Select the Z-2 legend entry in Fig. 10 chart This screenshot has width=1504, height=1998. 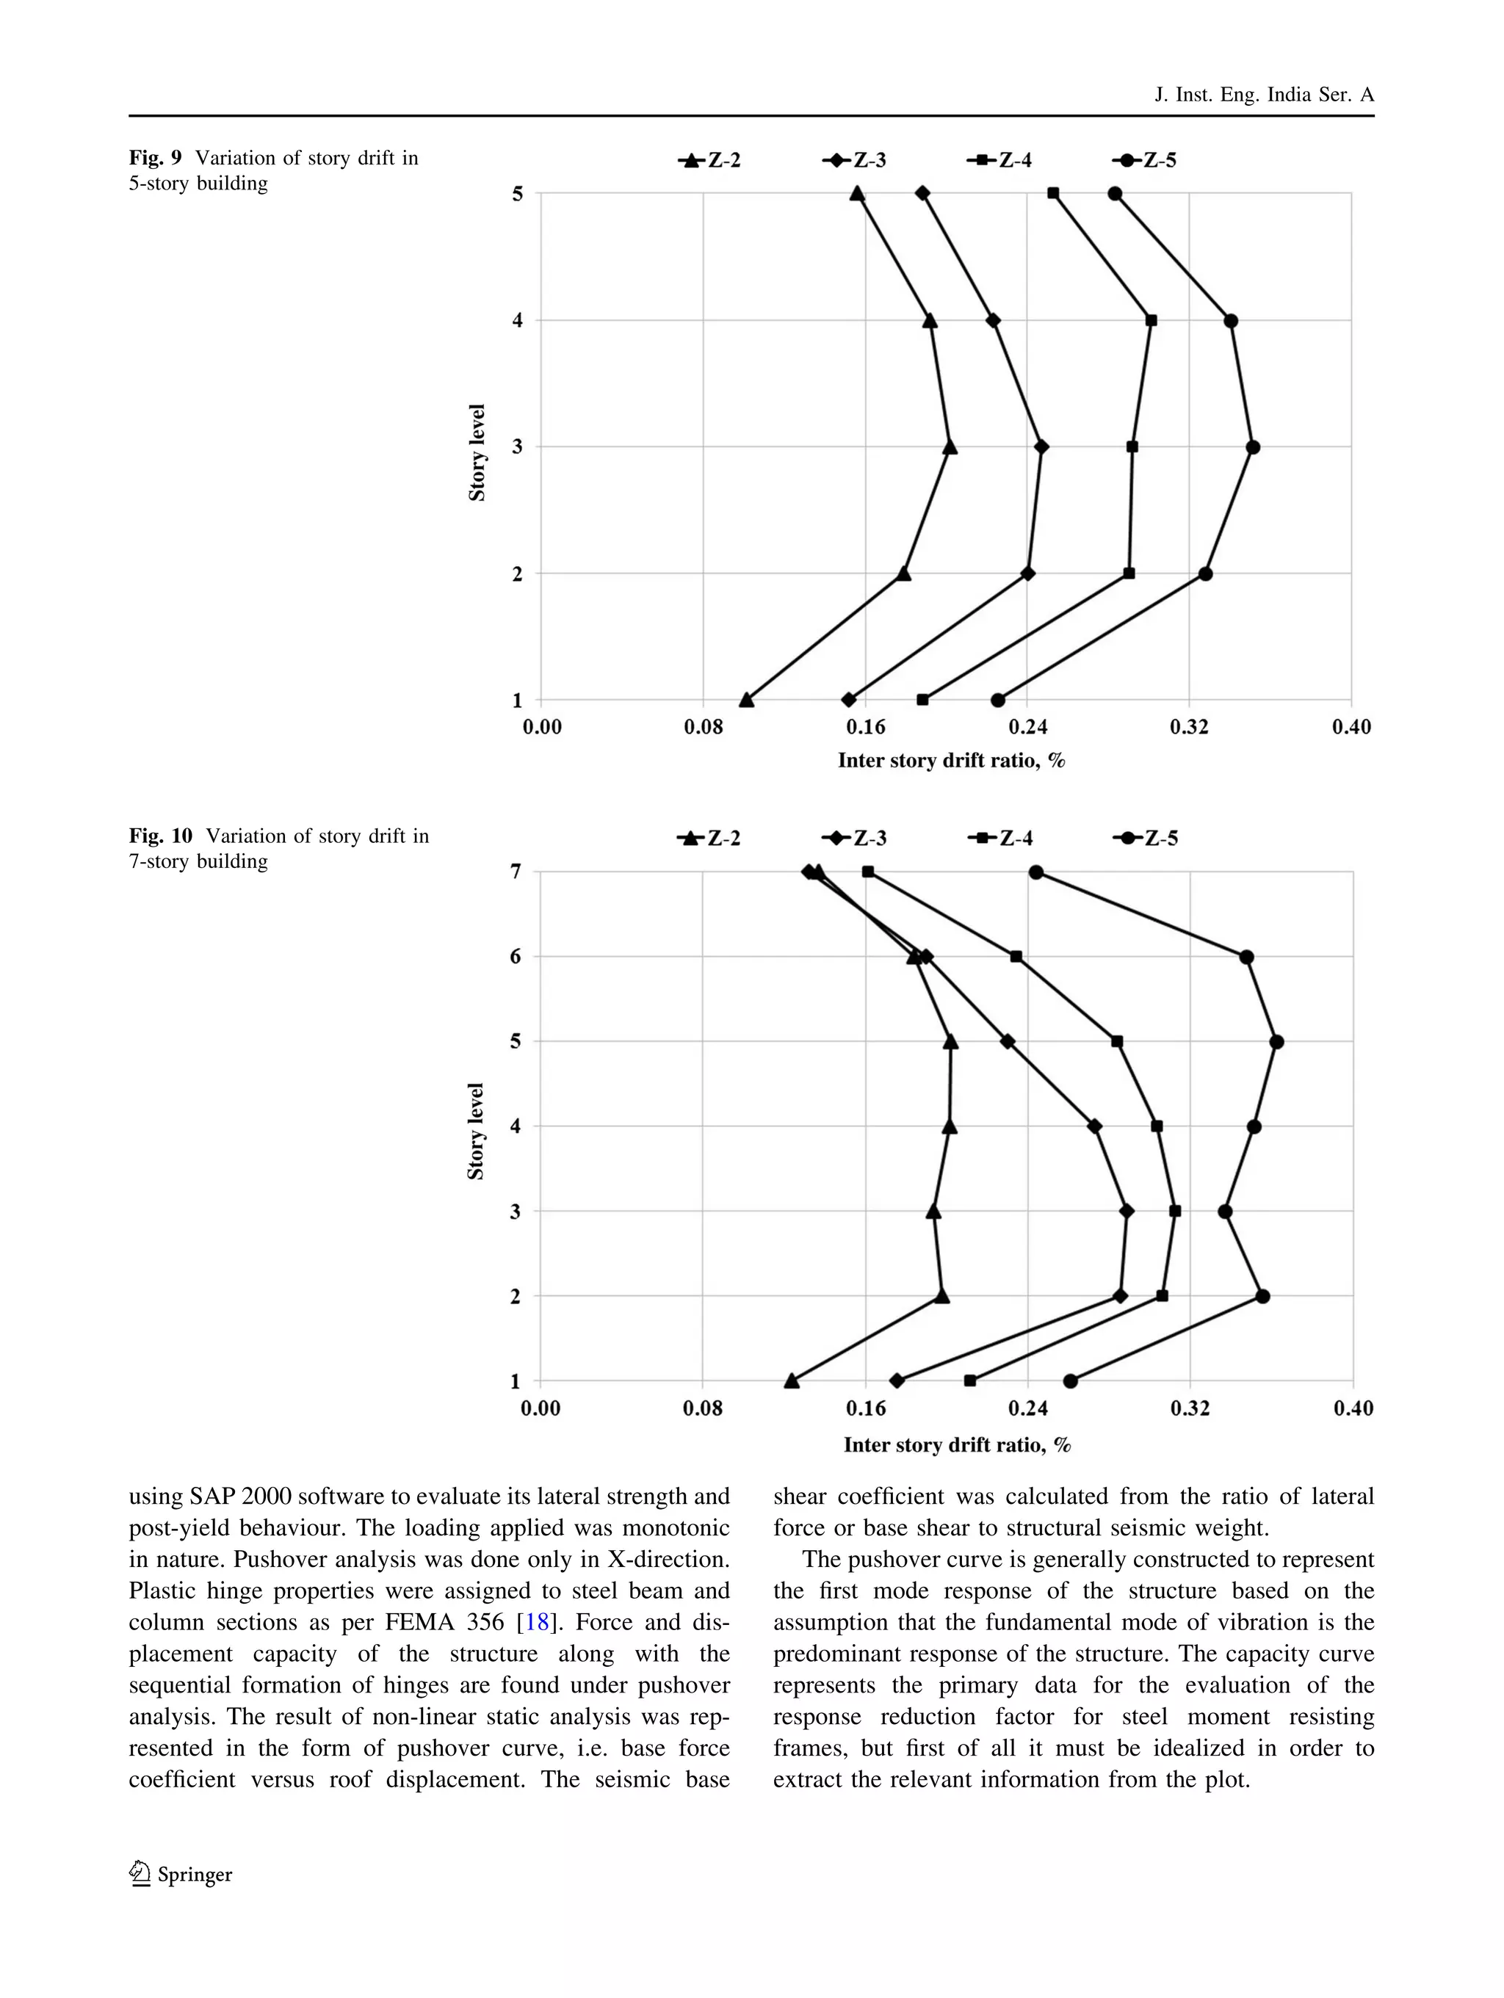[709, 839]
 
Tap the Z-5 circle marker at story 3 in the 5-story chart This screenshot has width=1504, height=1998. [1252, 447]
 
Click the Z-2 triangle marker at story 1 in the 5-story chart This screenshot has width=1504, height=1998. [746, 700]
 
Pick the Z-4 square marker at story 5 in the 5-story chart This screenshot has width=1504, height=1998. [1053, 193]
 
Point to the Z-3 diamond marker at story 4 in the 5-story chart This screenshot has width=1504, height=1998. [993, 321]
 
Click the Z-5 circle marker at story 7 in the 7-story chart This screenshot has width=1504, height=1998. [1036, 872]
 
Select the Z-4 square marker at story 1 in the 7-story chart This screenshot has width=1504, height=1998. [970, 1381]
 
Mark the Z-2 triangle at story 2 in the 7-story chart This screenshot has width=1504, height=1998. [942, 1296]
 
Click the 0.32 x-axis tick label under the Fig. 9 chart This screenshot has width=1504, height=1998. [1189, 727]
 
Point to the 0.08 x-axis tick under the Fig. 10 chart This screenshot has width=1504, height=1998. [702, 1408]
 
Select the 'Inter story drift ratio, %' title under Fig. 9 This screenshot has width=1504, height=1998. [951, 761]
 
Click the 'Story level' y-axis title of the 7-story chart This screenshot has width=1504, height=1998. [476, 1131]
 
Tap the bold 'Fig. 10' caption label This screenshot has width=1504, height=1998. [160, 836]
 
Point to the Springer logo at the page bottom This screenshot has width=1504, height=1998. [181, 1874]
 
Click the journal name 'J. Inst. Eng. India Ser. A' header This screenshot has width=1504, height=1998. [1264, 95]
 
